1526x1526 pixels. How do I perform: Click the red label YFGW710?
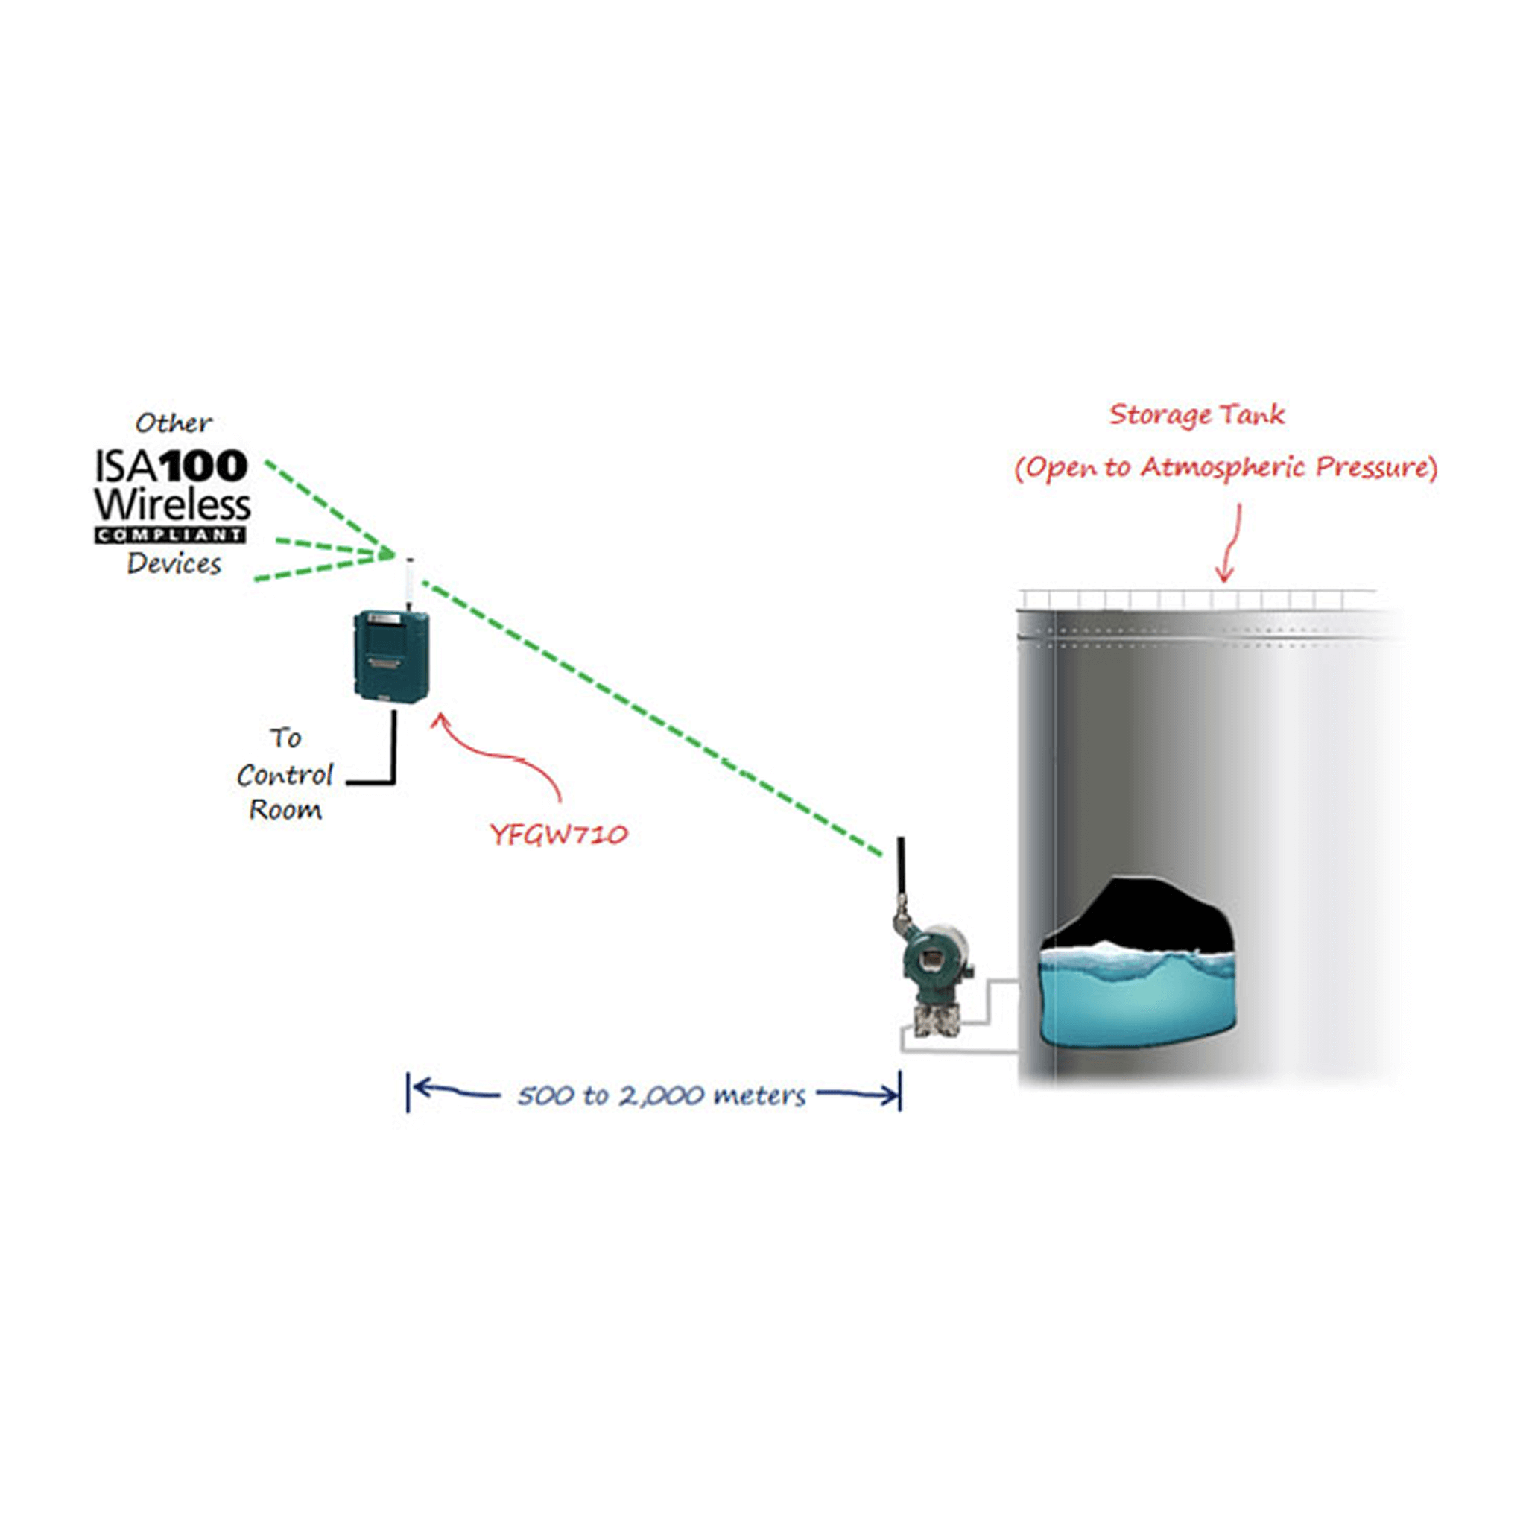558,834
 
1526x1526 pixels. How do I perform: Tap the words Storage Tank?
1196,415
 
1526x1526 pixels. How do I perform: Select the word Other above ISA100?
173,423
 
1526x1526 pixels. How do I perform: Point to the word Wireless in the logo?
172,504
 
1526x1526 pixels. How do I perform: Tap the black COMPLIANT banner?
171,535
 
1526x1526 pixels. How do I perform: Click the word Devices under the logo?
174,564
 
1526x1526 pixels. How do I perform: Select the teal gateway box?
391,655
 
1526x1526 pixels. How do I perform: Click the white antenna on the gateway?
409,580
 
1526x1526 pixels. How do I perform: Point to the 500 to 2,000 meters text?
661,1095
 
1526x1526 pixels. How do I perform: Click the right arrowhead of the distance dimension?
890,1095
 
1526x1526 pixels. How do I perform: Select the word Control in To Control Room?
285,775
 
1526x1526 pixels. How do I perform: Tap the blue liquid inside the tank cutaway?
1136,1003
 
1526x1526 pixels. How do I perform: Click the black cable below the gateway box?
393,747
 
